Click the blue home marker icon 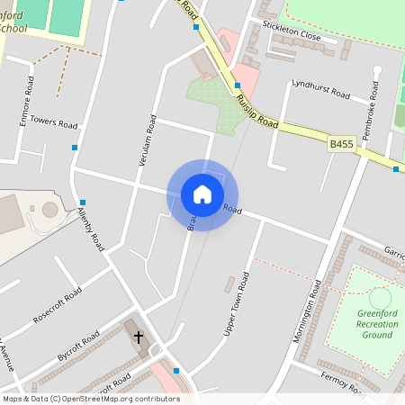pos(202,194)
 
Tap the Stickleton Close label pos(292,37)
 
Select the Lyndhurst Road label pos(320,90)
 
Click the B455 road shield pos(341,144)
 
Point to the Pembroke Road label pos(370,112)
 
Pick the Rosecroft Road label pos(57,305)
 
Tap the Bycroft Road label pos(77,346)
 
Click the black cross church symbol pos(139,337)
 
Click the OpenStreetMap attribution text pos(91,399)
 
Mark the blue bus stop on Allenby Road pos(83,202)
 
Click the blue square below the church pos(176,370)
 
